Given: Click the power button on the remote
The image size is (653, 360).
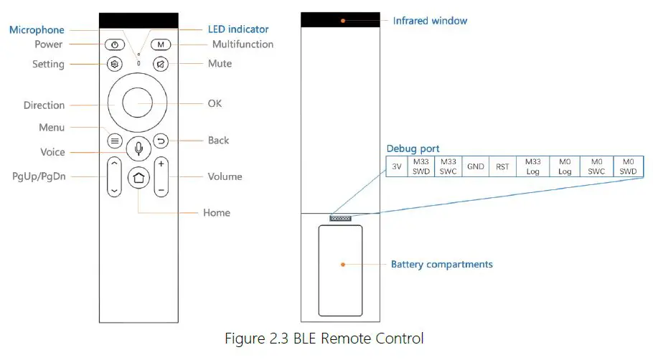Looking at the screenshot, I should point(115,44).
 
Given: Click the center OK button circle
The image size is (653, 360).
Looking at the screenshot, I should point(138,104).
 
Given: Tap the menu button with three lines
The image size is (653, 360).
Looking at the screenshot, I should point(115,141).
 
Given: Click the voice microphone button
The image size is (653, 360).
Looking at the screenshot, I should point(138,148).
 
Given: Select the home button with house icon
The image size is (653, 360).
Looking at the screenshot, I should point(138,179).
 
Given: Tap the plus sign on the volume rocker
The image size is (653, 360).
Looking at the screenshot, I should point(161,164).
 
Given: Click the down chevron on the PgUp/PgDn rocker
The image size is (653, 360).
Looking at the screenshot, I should point(114,191).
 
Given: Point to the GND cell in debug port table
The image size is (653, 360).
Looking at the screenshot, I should point(475,166).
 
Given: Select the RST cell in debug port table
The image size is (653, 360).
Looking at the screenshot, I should point(502,166).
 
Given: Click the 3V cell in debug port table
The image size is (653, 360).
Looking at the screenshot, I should point(396,166).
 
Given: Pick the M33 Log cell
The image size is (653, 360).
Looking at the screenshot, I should point(532,166).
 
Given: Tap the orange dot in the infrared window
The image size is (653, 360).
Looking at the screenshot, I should point(343,21).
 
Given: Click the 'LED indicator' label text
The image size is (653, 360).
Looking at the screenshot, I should point(238,29).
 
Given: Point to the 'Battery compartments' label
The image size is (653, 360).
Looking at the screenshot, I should point(441,265).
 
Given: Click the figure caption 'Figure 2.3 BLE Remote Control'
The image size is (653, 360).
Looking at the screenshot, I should point(324,338).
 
